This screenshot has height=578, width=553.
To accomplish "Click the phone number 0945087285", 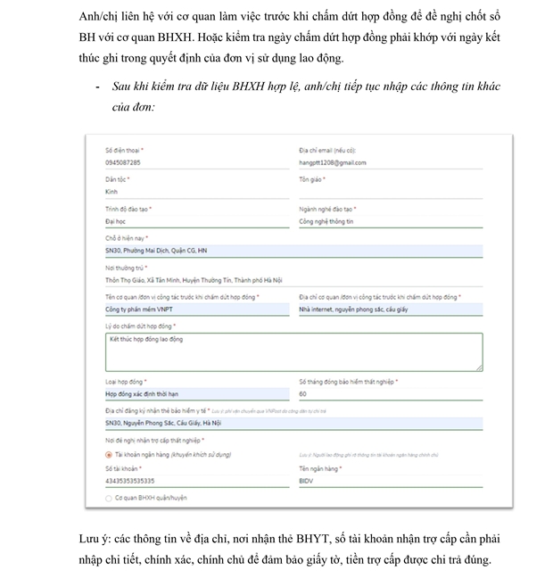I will coord(122,162).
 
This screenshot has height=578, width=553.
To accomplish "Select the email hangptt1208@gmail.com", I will coord(333,162).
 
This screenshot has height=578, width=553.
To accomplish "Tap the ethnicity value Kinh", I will coord(111,192).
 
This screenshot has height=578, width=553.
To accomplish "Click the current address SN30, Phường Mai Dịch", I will coord(156,251).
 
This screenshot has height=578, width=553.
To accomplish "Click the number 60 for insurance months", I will coord(302,393).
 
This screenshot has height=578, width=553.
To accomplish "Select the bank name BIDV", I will coord(308,481).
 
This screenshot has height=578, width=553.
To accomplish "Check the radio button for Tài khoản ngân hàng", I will coord(109,454).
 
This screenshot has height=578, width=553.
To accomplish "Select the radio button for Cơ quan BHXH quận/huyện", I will coord(109,498).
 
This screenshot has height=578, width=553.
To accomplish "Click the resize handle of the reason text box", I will coord(480,367).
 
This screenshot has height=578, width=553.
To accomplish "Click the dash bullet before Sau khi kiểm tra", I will coord(96,87).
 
